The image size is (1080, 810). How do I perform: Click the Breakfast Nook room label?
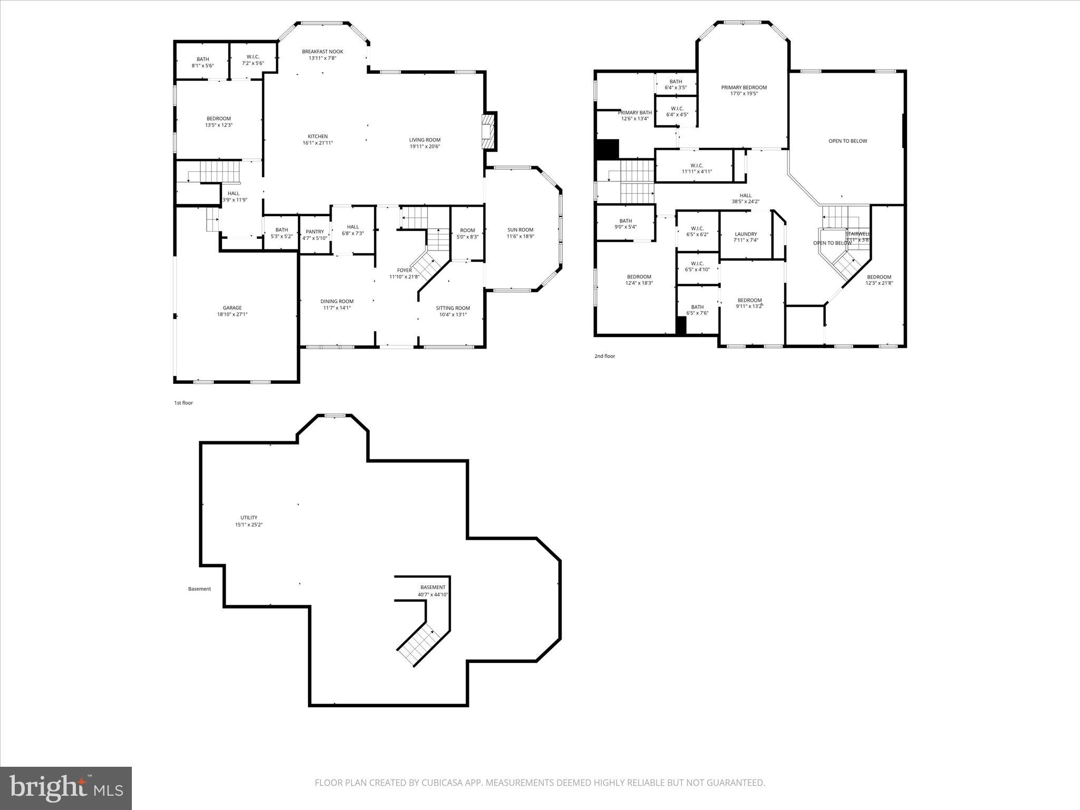[x=322, y=52]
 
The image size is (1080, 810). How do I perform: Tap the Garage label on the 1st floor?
[x=232, y=308]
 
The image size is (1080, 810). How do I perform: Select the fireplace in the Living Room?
[x=488, y=132]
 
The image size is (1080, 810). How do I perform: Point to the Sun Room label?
[x=520, y=230]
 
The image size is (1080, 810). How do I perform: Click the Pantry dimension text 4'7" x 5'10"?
[x=315, y=238]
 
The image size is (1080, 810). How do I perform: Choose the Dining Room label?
[x=337, y=302]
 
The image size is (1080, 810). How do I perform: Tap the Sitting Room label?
[x=452, y=308]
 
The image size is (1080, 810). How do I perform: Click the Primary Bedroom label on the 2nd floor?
[x=744, y=88]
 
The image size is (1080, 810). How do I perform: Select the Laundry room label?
[x=746, y=234]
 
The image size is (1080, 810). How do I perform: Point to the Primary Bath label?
[x=634, y=113]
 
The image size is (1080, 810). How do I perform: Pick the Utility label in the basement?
[x=249, y=518]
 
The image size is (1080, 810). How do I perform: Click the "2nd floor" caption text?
[x=604, y=356]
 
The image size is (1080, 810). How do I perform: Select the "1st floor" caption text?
[x=184, y=403]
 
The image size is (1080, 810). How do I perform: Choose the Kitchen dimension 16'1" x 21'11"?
[x=317, y=143]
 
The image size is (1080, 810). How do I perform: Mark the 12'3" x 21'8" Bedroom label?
[x=879, y=277]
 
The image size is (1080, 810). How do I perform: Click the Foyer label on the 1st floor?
[x=404, y=271]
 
